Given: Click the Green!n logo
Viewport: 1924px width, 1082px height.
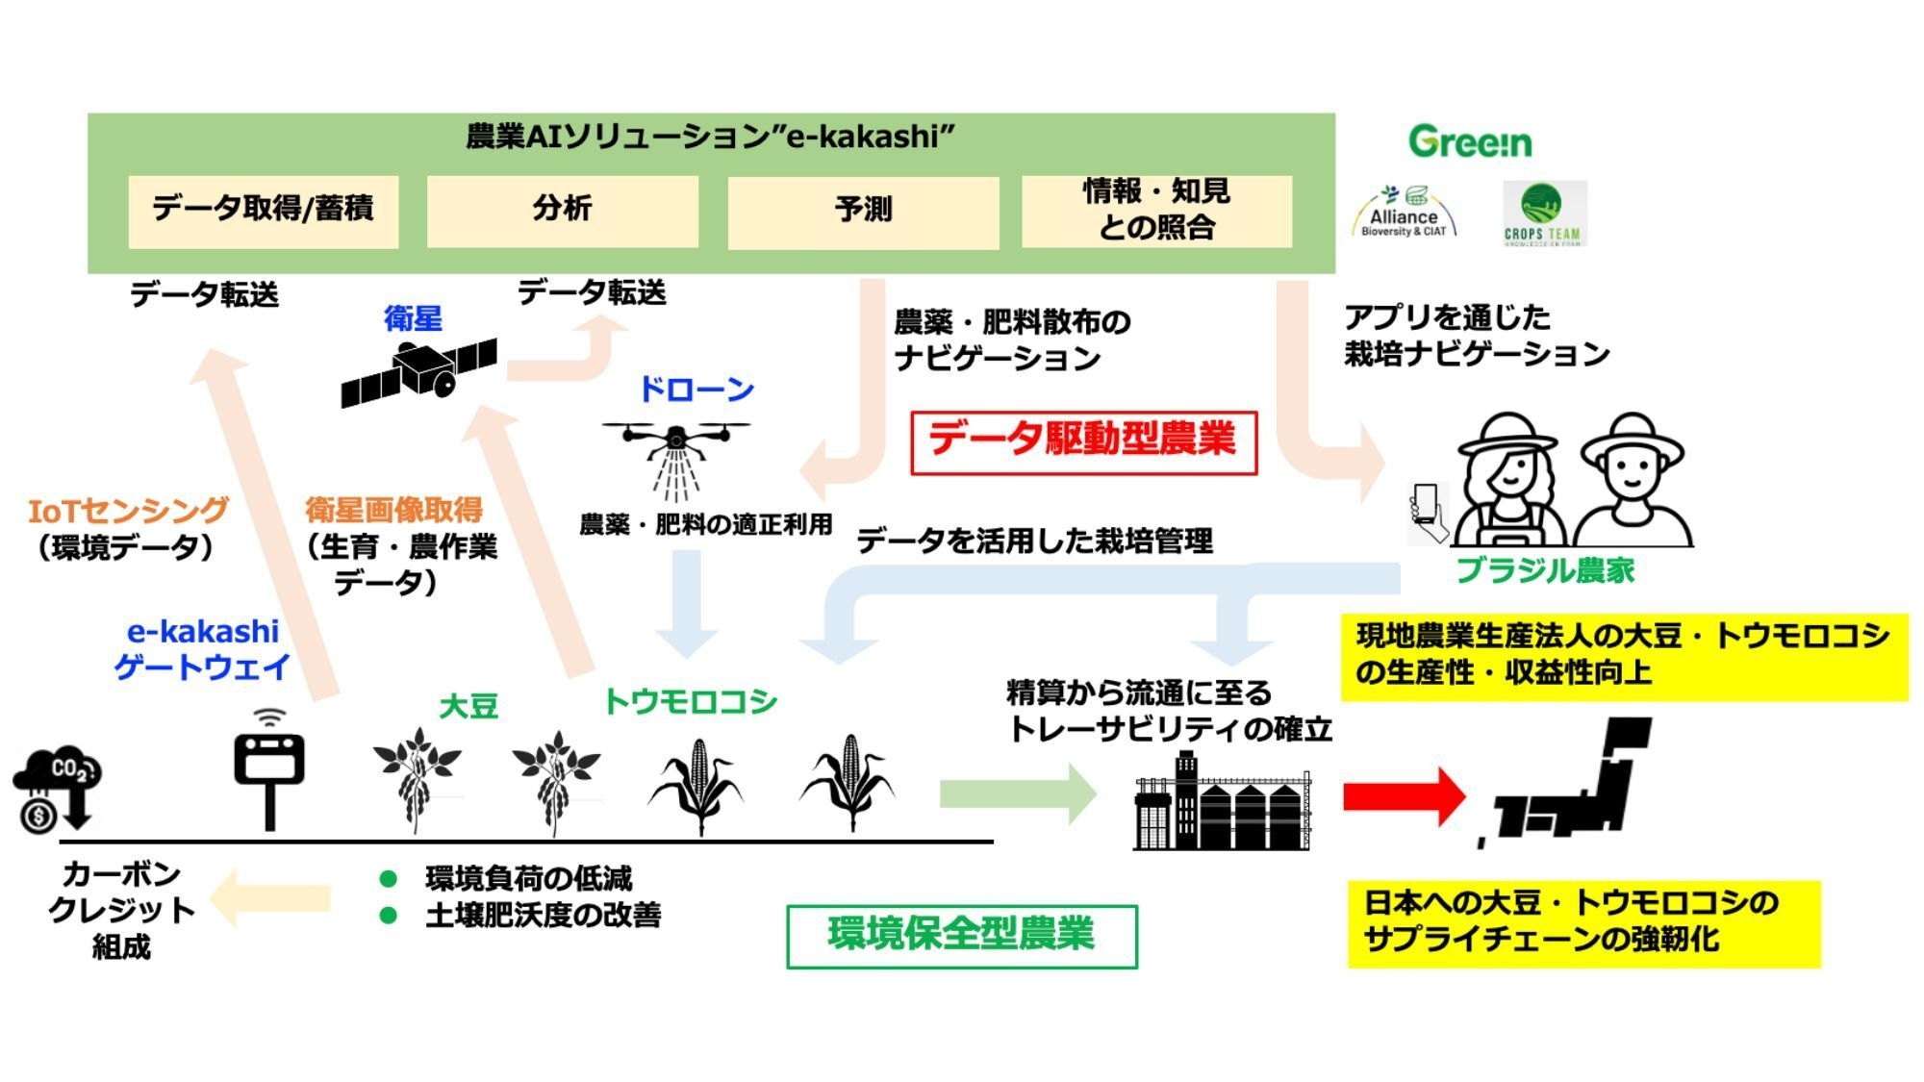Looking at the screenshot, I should click(1470, 142).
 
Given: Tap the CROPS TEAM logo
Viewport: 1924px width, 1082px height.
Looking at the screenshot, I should click(1543, 214).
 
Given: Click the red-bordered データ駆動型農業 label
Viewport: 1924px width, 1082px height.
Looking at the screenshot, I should click(1083, 441).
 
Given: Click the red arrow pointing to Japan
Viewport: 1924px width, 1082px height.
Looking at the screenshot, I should click(1404, 795).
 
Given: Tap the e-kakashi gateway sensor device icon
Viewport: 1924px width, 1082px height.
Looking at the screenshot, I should click(270, 769).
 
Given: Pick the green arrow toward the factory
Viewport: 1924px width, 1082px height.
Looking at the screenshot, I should click(1017, 793).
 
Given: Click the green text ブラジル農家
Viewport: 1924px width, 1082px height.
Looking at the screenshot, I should click(1545, 571).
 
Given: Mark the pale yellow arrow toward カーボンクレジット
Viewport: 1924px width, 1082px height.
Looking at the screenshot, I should click(270, 899).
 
